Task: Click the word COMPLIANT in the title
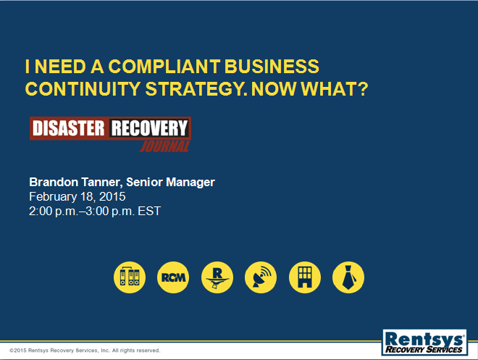pyautogui.click(x=164, y=67)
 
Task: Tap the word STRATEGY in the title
pyautogui.click(x=196, y=89)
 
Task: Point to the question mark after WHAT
pyautogui.click(x=363, y=88)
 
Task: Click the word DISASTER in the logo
pyautogui.click(x=68, y=128)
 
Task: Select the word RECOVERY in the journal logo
pyautogui.click(x=149, y=128)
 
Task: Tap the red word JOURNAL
pyautogui.click(x=165, y=146)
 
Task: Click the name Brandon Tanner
pyautogui.click(x=76, y=182)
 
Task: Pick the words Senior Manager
pyautogui.click(x=170, y=183)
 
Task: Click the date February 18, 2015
pyautogui.click(x=77, y=196)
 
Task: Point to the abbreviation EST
pyautogui.click(x=149, y=211)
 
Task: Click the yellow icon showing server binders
pyautogui.click(x=130, y=277)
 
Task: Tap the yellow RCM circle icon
pyautogui.click(x=173, y=277)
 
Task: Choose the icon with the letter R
pyautogui.click(x=217, y=277)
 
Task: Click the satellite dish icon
pyautogui.click(x=261, y=277)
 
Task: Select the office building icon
pyautogui.click(x=304, y=277)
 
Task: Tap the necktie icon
pyautogui.click(x=348, y=277)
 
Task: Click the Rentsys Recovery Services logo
pyautogui.click(x=424, y=342)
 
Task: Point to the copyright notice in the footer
pyautogui.click(x=85, y=351)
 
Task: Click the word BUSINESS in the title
pyautogui.click(x=272, y=67)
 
